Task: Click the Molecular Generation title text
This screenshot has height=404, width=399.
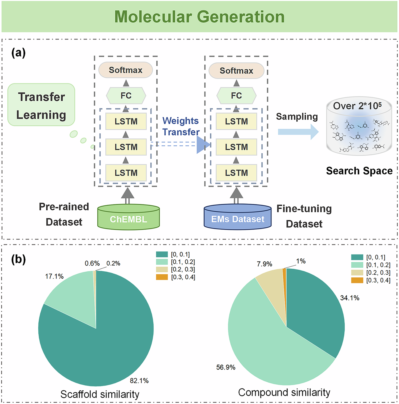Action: (x=199, y=17)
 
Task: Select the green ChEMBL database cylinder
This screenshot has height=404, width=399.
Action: (x=128, y=218)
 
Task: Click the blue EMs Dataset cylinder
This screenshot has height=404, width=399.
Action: (x=238, y=218)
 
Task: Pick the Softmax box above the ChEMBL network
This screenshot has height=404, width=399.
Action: (x=126, y=70)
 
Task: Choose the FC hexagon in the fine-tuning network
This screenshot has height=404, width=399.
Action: (x=236, y=96)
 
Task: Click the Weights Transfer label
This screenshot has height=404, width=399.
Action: (x=181, y=126)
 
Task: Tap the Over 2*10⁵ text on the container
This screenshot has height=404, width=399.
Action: (x=357, y=106)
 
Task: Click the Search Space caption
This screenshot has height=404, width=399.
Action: (x=359, y=171)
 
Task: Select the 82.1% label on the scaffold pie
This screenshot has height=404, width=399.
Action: (x=139, y=381)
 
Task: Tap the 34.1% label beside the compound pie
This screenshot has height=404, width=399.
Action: (x=350, y=298)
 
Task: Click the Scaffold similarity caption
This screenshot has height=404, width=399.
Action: (x=100, y=394)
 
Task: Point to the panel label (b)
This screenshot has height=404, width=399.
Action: (x=18, y=260)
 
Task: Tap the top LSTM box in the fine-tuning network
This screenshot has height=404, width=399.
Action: (x=236, y=121)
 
